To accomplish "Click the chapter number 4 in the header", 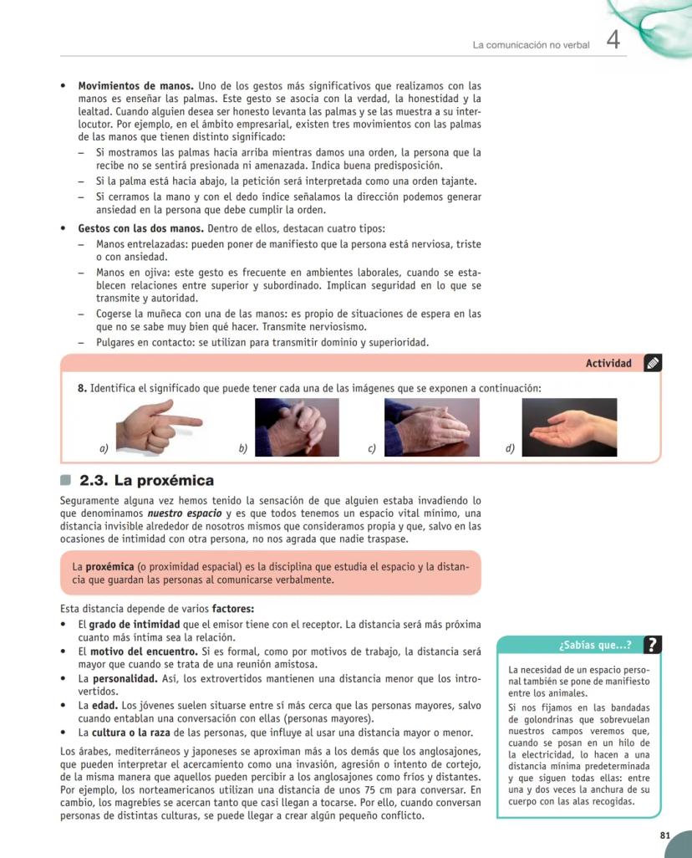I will (613, 41).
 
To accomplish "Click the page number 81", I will (664, 835).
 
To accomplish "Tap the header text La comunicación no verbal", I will (531, 44).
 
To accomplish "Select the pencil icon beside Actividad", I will (653, 363).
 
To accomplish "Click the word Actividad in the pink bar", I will (608, 363).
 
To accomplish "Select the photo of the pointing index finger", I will (159, 426).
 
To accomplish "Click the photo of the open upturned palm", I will (569, 426).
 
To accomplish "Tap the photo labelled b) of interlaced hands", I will (297, 426).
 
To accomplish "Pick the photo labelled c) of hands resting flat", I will (432, 426).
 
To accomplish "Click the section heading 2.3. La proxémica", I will (146, 481).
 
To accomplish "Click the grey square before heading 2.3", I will (67, 481).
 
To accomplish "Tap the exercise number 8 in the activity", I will (82, 388).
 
